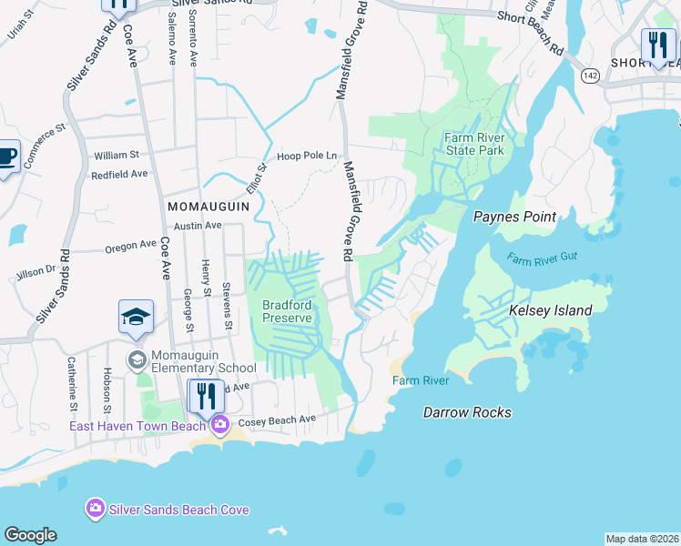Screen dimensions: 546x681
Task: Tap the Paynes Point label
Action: coord(515,217)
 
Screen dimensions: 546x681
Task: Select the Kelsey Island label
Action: coord(550,310)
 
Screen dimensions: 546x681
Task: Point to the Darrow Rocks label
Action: coord(467,412)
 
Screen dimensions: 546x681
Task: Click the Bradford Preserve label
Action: coord(287,311)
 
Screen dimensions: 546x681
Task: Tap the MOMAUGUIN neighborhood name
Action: coord(208,207)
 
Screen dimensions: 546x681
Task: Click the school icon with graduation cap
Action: coord(136,317)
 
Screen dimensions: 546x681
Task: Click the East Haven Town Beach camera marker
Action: coord(219,425)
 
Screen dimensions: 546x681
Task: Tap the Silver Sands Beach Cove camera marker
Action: coord(95,509)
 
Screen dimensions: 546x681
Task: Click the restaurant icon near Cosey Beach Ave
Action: coord(206,396)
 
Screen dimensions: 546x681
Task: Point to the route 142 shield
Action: coord(590,76)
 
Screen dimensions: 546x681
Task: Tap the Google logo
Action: coord(30,535)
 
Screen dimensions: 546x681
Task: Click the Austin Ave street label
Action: coord(198,225)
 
